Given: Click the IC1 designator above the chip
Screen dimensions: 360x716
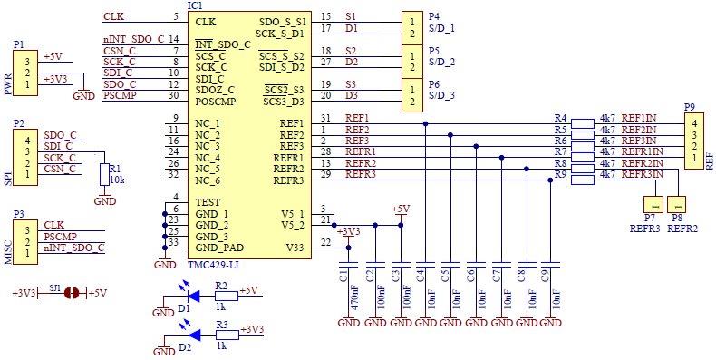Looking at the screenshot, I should point(195,5).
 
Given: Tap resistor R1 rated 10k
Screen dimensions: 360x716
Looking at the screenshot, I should point(105,176).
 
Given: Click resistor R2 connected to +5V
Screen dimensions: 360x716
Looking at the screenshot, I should point(226,295).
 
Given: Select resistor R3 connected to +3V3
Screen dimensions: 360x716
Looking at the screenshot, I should point(226,334).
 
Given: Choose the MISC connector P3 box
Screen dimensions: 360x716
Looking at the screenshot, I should point(27,236).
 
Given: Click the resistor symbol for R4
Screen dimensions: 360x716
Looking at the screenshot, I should point(583,120).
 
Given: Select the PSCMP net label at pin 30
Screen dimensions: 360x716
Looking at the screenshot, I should point(121,95).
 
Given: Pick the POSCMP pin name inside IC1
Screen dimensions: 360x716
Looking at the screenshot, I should point(215,101).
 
